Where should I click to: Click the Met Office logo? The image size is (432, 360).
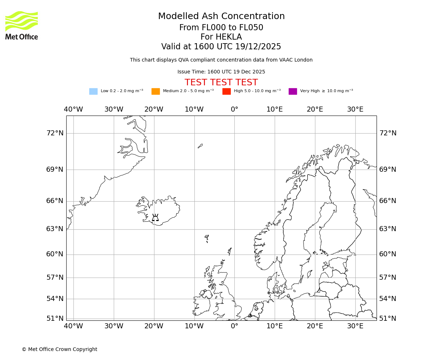(x=22, y=25)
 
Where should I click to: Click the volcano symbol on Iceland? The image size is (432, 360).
(x=155, y=217)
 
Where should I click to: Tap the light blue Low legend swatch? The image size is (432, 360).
(x=93, y=91)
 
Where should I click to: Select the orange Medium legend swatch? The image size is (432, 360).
(x=156, y=91)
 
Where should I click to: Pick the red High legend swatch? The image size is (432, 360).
(x=226, y=91)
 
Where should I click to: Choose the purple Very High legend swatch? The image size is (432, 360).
(x=293, y=91)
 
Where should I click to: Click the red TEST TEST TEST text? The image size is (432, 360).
(x=221, y=82)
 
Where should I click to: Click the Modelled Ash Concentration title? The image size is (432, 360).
(x=221, y=16)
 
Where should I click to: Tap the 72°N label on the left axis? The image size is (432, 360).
(x=55, y=133)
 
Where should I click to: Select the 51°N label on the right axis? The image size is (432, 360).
(x=388, y=319)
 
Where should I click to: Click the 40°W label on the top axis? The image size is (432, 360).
(x=73, y=109)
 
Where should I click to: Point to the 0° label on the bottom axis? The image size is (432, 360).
(x=234, y=326)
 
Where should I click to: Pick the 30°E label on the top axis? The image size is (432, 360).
(x=355, y=109)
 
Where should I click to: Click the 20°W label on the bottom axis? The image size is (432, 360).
(x=154, y=326)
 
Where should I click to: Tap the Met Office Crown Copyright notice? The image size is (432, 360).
(x=59, y=349)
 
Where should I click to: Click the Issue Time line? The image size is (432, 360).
(x=221, y=72)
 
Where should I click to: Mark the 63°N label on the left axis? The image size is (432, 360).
(x=55, y=229)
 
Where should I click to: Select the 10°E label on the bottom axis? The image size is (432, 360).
(x=275, y=326)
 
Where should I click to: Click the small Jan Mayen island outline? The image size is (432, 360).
(x=200, y=146)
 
